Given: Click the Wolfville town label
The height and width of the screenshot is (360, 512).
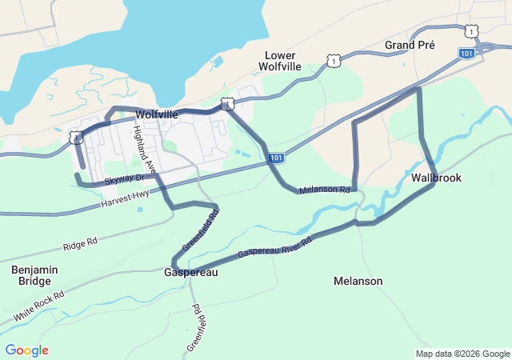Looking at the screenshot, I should (x=157, y=115).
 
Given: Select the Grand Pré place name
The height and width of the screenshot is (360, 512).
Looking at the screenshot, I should (x=410, y=46).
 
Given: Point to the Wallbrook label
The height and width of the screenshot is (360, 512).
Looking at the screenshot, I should (x=437, y=178).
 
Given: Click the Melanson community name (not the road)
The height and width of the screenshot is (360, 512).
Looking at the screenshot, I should (x=358, y=281).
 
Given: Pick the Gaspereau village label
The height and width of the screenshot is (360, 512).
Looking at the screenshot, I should (x=190, y=272).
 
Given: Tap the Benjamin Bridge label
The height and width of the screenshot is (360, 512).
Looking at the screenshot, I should (x=34, y=276).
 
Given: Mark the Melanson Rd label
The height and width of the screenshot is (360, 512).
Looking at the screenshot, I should (x=325, y=190).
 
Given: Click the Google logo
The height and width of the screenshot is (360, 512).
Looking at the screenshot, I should (x=26, y=350).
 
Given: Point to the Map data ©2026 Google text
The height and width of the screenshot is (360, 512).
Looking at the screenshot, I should (x=462, y=354).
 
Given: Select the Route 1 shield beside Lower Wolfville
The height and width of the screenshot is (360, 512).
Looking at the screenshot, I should (x=333, y=61).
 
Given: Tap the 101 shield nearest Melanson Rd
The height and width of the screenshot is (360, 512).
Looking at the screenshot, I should (x=275, y=158).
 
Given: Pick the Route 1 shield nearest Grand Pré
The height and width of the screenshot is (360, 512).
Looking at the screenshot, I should (x=472, y=30).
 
